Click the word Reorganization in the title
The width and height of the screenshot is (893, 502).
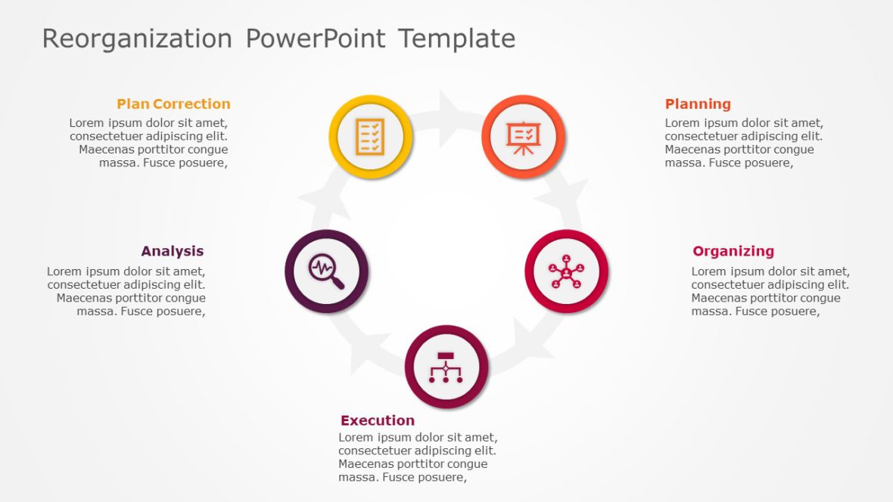[137, 39]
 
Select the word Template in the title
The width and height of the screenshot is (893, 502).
[456, 39]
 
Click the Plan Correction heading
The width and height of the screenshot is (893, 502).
[173, 104]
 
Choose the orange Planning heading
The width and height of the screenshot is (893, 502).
[698, 104]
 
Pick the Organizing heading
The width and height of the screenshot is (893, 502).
[733, 251]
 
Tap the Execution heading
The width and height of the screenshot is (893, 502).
[378, 420]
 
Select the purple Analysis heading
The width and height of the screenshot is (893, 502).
[172, 251]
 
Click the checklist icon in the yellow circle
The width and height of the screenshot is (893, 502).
[371, 137]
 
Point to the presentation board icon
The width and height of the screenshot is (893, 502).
[523, 137]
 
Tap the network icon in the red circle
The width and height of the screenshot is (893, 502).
[566, 271]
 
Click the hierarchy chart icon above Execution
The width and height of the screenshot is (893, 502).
[446, 367]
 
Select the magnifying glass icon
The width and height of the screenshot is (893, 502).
[326, 271]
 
